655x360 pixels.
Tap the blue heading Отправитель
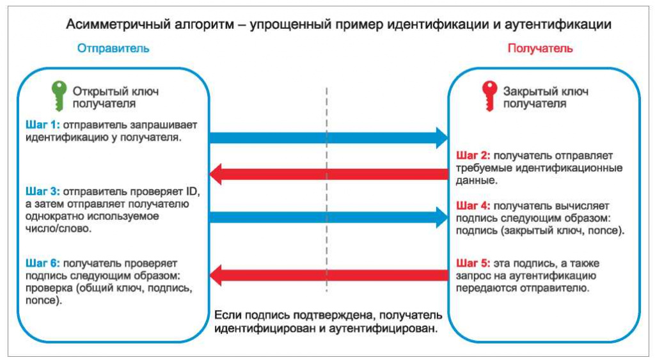point(113,48)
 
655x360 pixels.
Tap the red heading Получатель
point(540,48)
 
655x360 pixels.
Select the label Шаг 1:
point(42,125)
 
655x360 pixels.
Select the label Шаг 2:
point(473,155)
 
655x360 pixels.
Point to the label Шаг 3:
point(42,191)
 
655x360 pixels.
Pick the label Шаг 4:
point(473,206)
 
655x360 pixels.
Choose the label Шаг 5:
point(473,263)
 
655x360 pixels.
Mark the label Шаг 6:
point(42,263)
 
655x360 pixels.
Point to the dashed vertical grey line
point(327,192)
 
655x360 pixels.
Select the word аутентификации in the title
point(568,24)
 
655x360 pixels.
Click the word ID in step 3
point(193,191)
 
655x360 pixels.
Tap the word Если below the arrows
point(228,316)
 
